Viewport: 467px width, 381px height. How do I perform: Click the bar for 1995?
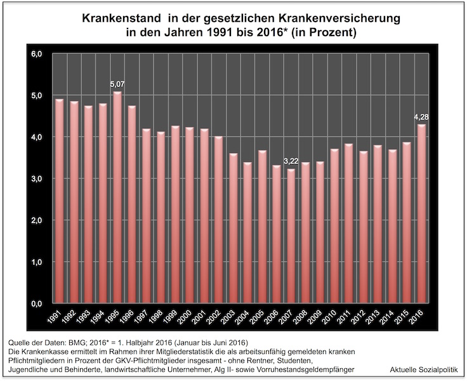[x=117, y=197]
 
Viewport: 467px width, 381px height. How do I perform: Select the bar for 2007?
[x=291, y=235]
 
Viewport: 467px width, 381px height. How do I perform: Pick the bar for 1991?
[x=59, y=200]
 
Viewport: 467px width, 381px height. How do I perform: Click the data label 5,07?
[x=117, y=83]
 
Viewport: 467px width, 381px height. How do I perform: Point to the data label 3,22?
[x=291, y=161]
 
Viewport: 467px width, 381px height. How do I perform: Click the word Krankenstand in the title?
[x=121, y=18]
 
